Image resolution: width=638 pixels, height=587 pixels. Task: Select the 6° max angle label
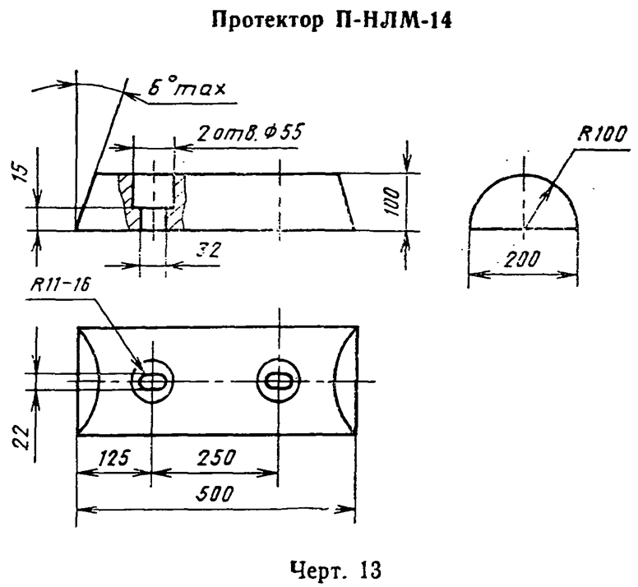187,87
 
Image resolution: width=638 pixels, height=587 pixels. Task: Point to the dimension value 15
24,172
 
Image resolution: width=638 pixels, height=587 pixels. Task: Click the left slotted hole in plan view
152,381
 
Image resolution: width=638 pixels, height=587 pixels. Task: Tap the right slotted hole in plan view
279,381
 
